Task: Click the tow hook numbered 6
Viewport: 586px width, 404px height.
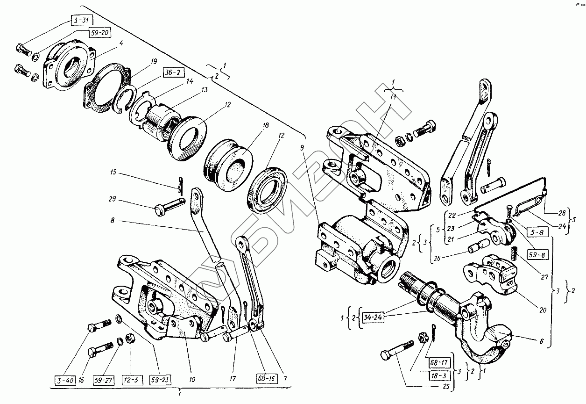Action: [x=486, y=341]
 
